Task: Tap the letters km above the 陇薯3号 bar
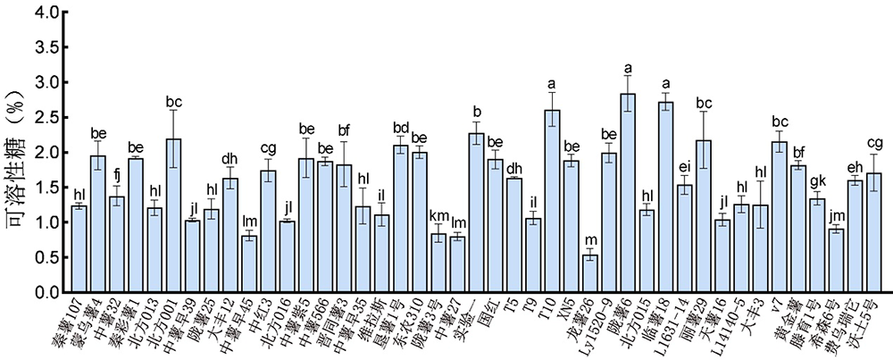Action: click(x=438, y=216)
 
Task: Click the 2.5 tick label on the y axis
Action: click(x=46, y=118)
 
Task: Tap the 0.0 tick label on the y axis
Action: click(x=46, y=292)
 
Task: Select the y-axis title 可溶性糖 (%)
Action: click(x=19, y=152)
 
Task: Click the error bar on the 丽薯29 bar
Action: click(x=704, y=140)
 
